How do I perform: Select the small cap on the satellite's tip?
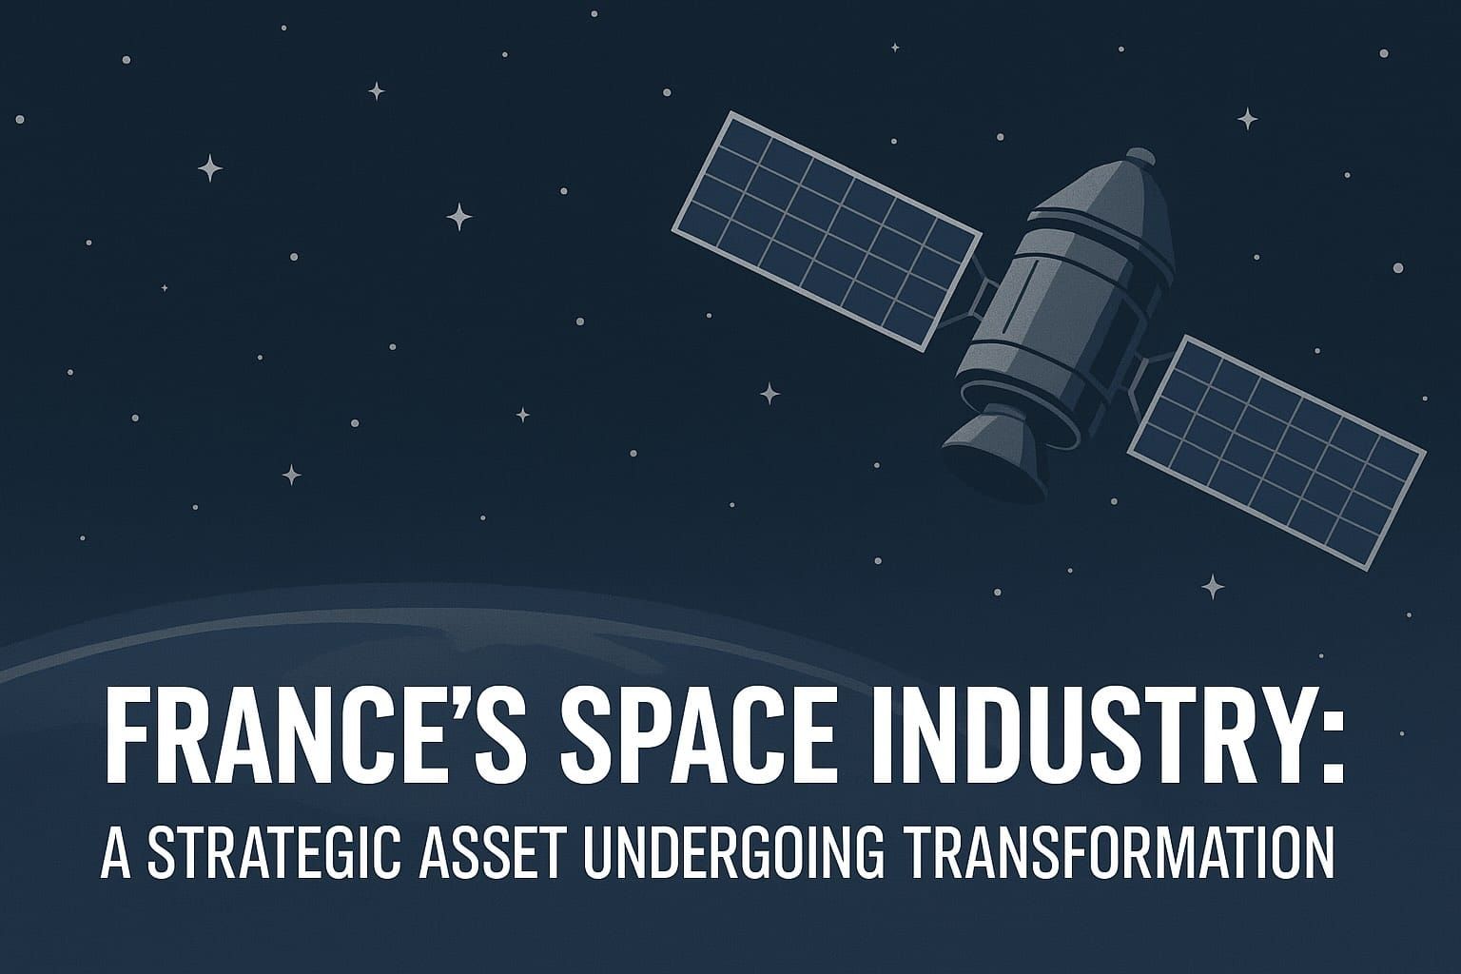(1139, 154)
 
